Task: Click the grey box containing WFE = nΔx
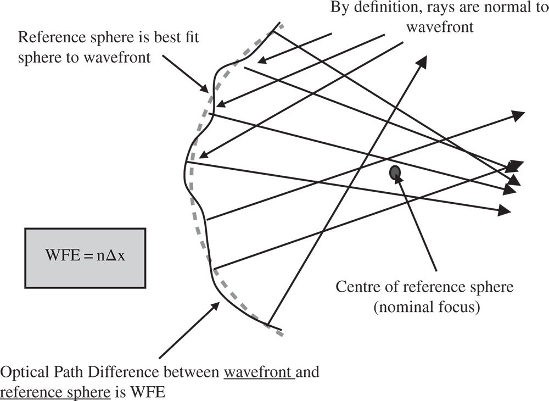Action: click(x=85, y=257)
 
